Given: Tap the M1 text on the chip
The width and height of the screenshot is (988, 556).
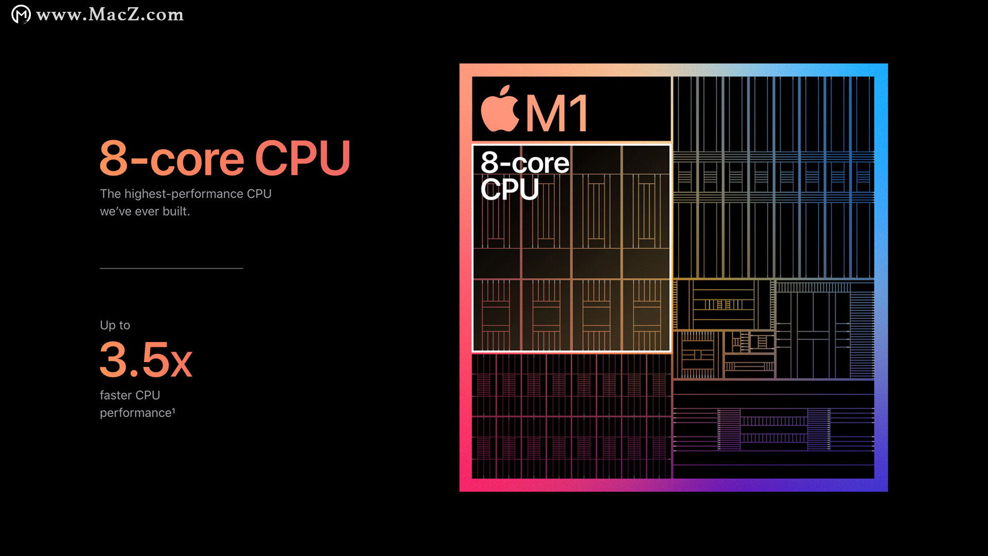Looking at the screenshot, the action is point(557,114).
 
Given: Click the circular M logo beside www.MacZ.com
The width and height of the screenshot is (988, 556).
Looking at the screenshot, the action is point(21,14).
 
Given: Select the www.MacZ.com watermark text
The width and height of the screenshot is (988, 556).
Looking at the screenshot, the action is point(110,14).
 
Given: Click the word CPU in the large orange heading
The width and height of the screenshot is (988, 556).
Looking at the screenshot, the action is point(303,157).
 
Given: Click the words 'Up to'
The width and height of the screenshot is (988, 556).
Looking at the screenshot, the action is point(115,325).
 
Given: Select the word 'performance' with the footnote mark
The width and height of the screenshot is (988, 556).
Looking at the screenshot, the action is point(137,412).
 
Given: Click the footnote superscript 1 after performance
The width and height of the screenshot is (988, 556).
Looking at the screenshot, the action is point(173,410).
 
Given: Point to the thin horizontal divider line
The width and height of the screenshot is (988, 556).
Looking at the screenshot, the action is point(171,268).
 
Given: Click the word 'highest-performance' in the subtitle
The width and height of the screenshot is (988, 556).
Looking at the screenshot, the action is point(184,194).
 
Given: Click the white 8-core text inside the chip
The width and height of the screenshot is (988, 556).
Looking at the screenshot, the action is point(525,163).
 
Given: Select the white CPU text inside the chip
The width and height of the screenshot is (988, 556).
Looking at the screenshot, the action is point(509,189).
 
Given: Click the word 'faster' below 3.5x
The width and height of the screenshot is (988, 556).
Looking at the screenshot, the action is point(116,395).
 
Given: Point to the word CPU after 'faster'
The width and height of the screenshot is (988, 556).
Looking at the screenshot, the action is point(148,395).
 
